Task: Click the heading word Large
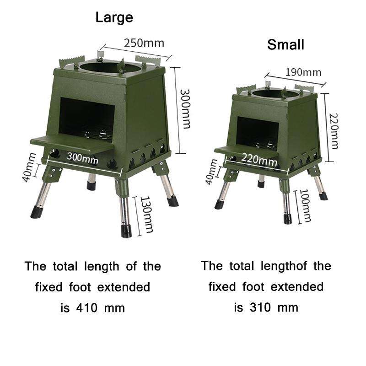click(x=114, y=18)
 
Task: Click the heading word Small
click(x=285, y=45)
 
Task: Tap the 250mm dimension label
click(x=143, y=43)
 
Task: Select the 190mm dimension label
click(x=303, y=72)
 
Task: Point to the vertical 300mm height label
click(x=185, y=108)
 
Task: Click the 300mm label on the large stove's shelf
click(x=82, y=157)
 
